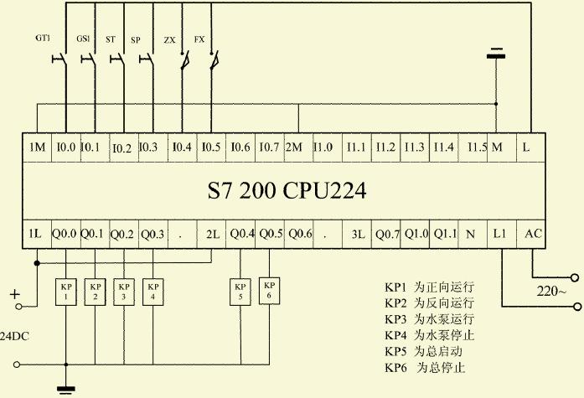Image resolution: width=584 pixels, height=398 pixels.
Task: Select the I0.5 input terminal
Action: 211,147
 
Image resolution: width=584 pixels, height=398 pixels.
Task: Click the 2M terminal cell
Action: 296,147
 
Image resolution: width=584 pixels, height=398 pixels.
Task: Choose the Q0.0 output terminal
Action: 65,234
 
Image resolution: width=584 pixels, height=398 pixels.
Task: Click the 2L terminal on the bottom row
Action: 211,234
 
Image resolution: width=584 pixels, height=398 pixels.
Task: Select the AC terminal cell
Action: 533,234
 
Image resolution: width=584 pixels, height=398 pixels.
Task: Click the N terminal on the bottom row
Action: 471,234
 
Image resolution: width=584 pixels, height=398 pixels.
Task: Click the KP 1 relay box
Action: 66,291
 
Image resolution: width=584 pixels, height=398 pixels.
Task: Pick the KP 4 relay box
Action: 153,291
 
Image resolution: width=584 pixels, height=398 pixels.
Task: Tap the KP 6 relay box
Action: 269,290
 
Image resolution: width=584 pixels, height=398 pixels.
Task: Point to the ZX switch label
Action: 169,39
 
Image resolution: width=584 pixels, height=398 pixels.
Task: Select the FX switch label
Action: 199,39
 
